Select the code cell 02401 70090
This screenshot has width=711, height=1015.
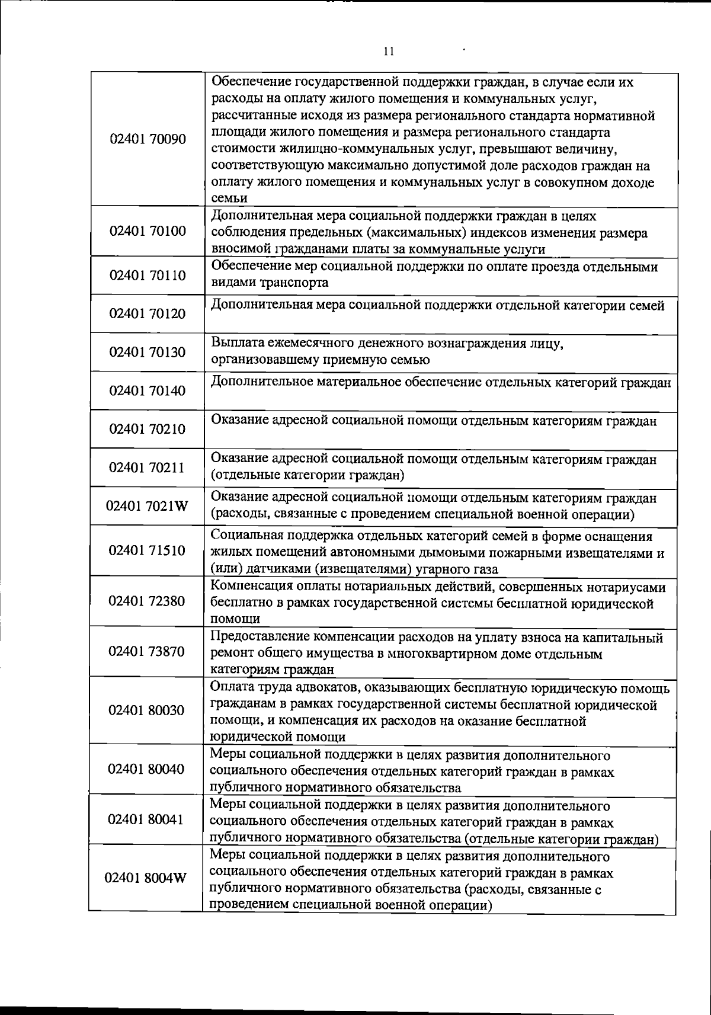[148, 140]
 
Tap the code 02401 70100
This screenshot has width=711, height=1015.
[148, 231]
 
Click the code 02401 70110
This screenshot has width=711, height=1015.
[148, 276]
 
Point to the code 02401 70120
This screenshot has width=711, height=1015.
[148, 314]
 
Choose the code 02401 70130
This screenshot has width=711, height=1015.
[148, 353]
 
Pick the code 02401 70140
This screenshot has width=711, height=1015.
[148, 391]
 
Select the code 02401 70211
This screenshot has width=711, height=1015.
[148, 468]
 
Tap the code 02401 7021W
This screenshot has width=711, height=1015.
[148, 507]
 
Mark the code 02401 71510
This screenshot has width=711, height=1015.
[148, 551]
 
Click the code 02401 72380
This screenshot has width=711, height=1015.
[148, 601]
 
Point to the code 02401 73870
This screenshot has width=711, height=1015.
[148, 652]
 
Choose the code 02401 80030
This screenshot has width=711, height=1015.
[148, 710]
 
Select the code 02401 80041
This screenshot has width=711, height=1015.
[146, 820]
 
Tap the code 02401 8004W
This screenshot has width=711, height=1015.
[146, 879]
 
